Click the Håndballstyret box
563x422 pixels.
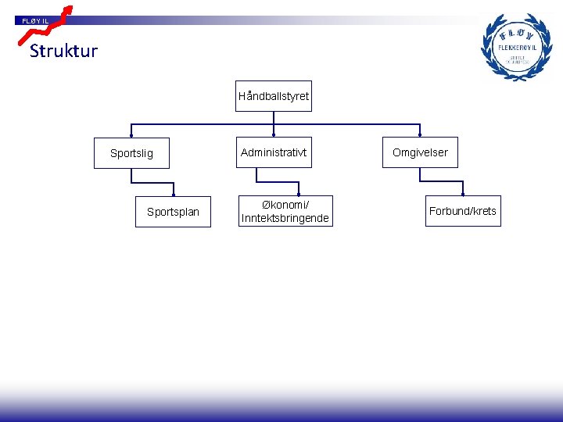pyautogui.click(x=274, y=96)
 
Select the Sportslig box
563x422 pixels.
pyautogui.click(x=131, y=153)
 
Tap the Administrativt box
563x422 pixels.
pyautogui.click(x=274, y=152)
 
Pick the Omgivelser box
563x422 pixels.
pyautogui.click(x=420, y=152)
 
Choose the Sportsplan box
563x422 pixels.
pyautogui.click(x=173, y=212)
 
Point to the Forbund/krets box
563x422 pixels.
pyautogui.click(x=462, y=211)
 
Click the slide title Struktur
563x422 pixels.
pyautogui.click(x=63, y=52)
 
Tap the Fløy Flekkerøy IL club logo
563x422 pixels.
pyautogui.click(x=515, y=47)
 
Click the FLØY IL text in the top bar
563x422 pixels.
pyautogui.click(x=35, y=20)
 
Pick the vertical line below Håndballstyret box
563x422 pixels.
pyautogui.click(x=274, y=117)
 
